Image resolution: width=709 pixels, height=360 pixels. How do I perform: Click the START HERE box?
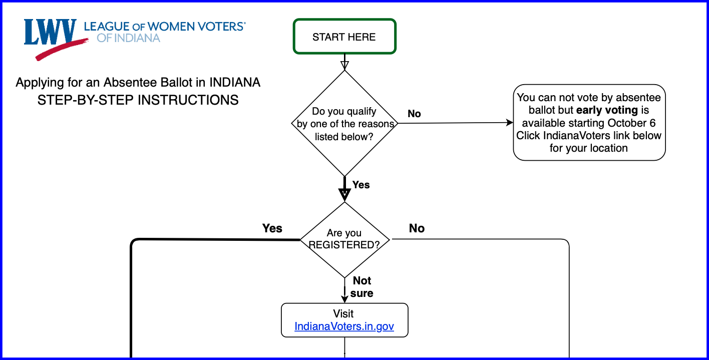pos(344,37)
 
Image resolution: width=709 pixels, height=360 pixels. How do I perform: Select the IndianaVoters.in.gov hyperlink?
pos(344,326)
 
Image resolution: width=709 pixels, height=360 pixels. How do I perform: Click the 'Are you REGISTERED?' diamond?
pos(344,239)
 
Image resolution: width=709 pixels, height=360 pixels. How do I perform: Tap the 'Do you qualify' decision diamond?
pos(344,124)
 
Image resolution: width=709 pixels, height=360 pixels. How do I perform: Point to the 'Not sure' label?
pos(362,287)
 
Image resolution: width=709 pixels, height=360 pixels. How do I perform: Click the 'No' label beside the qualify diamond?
pos(414,114)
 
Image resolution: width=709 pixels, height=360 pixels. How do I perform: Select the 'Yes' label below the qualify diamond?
pos(361,185)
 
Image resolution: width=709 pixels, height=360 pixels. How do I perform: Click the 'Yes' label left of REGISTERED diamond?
pos(272,228)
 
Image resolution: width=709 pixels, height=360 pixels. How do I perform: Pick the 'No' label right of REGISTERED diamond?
pos(417,228)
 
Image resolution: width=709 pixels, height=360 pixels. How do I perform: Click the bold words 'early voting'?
pos(607,110)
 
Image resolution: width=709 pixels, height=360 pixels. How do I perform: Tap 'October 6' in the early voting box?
pos(631,123)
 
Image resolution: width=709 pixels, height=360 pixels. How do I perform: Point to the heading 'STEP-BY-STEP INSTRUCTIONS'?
pos(138,100)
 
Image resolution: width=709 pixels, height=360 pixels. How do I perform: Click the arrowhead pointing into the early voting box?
pos(510,123)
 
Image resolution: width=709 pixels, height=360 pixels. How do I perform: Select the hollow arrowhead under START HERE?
pos(344,65)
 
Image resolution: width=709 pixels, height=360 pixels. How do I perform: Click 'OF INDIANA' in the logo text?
pos(128,38)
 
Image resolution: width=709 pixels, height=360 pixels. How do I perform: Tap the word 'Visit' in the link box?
pos(343,313)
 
